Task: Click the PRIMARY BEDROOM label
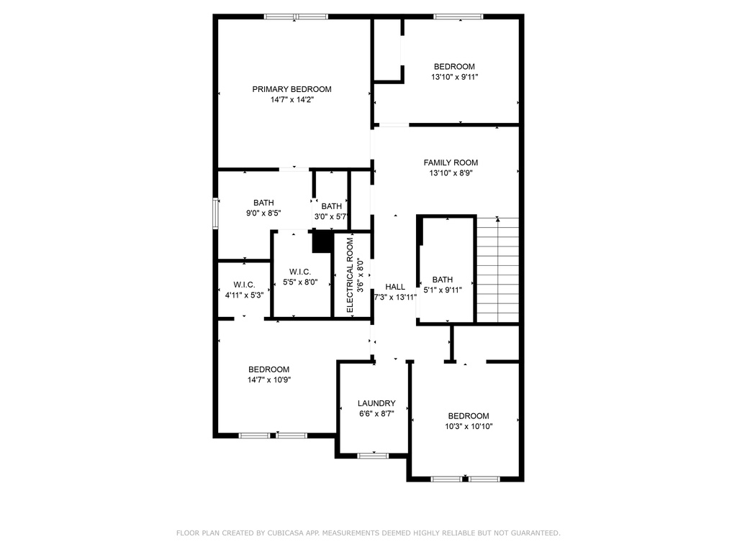pyautogui.click(x=291, y=89)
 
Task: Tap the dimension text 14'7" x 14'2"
pyautogui.click(x=291, y=101)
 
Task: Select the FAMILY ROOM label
pyautogui.click(x=451, y=162)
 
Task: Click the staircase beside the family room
pyautogui.click(x=498, y=270)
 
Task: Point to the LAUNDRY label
pyautogui.click(x=376, y=403)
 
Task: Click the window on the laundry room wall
pyautogui.click(x=373, y=455)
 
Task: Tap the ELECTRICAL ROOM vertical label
pyautogui.click(x=351, y=275)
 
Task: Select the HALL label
pyautogui.click(x=395, y=286)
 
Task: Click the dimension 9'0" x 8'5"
pyautogui.click(x=263, y=213)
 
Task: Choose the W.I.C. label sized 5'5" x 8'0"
pyautogui.click(x=299, y=271)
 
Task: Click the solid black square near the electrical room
pyautogui.click(x=322, y=241)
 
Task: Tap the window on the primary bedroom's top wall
pyautogui.click(x=296, y=17)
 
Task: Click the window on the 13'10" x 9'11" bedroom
pyautogui.click(x=458, y=17)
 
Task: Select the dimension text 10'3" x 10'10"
pyautogui.click(x=469, y=427)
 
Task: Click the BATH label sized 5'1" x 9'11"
pyautogui.click(x=443, y=280)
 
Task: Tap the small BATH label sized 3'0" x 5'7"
pyautogui.click(x=332, y=206)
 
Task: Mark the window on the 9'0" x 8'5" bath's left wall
pyautogui.click(x=215, y=213)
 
